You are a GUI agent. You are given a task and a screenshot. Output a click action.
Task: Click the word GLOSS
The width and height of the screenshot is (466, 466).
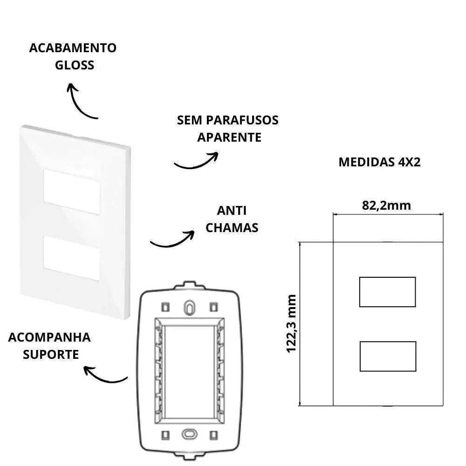(x=75, y=65)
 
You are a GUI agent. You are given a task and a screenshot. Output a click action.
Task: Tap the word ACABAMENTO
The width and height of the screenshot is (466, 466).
(x=73, y=48)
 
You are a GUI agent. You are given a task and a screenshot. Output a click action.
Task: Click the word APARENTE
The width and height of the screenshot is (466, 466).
(x=229, y=137)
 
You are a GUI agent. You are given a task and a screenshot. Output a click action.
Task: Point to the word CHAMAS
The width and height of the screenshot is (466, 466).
(x=232, y=228)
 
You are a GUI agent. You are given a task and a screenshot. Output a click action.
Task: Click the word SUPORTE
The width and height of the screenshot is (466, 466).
(x=51, y=354)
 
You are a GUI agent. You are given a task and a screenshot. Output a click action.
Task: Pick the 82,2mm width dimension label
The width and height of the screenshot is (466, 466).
(x=387, y=205)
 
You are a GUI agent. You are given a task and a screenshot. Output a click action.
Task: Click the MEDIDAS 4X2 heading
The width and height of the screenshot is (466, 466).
(x=380, y=162)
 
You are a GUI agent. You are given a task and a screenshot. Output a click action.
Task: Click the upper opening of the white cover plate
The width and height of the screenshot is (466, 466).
(x=72, y=192)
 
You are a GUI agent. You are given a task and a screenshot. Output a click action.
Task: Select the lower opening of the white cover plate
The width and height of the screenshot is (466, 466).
(x=72, y=258)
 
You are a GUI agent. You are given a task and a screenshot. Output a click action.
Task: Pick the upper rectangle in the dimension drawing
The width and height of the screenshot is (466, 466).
(x=387, y=292)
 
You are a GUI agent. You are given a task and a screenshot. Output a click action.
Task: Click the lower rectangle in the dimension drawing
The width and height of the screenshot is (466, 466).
(x=387, y=356)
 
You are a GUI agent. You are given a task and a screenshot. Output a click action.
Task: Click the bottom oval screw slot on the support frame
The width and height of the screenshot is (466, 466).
(x=189, y=433)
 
